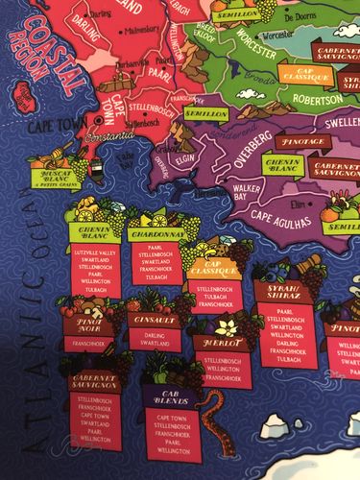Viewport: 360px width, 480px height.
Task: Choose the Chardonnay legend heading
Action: [x=155, y=233]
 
